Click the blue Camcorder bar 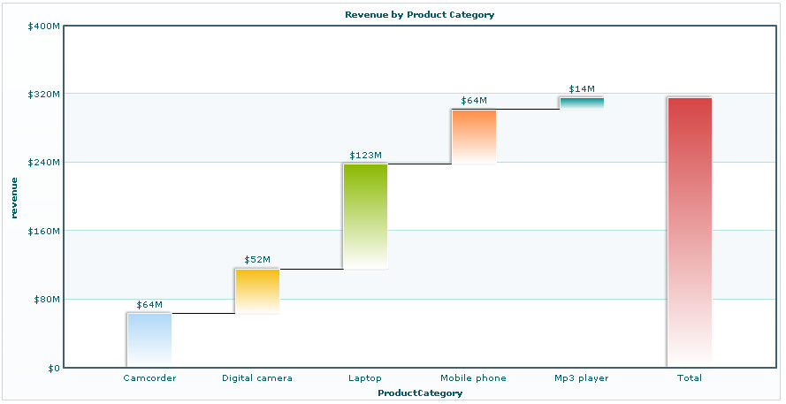click(x=149, y=339)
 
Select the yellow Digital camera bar click(x=257, y=291)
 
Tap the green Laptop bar click(x=365, y=216)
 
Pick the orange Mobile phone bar click(x=474, y=136)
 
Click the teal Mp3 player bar click(x=582, y=103)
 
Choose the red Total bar click(x=690, y=232)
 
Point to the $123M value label click(x=365, y=156)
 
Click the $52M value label click(x=257, y=260)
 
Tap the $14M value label click(x=582, y=89)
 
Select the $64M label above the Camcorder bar click(x=149, y=305)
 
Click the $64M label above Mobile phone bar click(x=474, y=101)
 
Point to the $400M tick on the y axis click(x=44, y=27)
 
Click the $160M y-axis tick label click(x=44, y=231)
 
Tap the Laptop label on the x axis click(x=365, y=378)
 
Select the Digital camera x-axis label click(x=257, y=378)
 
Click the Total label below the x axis click(x=690, y=378)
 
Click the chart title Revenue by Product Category click(x=419, y=15)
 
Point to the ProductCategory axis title click(x=419, y=393)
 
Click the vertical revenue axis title click(x=14, y=197)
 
